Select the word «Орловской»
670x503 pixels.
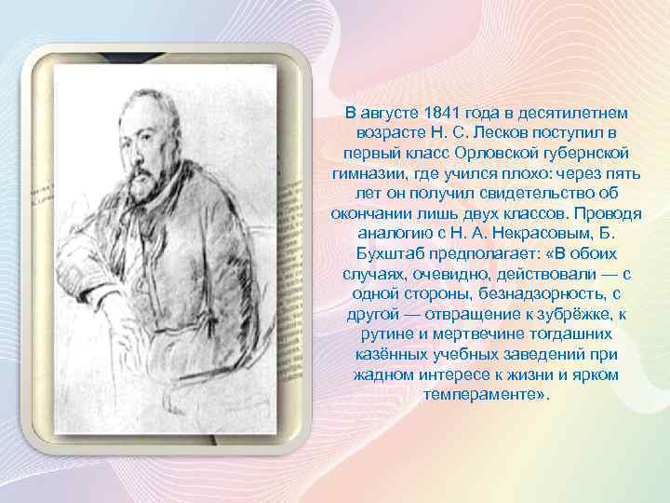click(x=503, y=150)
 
